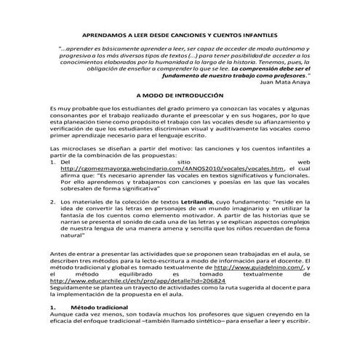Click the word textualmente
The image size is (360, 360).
[x=241, y=273]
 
